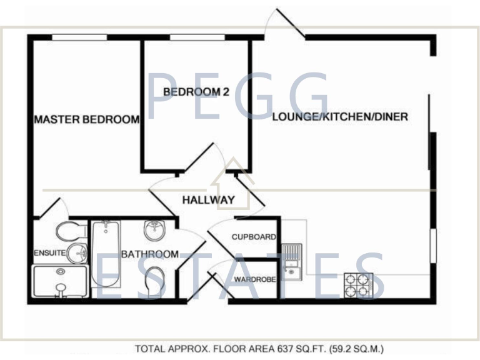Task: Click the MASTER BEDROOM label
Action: point(86,119)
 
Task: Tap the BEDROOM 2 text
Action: point(196,92)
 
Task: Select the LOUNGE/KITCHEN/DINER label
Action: point(340,117)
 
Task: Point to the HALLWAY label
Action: point(208,200)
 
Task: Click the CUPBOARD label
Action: point(254,237)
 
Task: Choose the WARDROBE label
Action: point(254,279)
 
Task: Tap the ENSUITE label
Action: point(49,253)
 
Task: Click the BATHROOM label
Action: point(149,254)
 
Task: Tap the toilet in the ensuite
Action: point(71,232)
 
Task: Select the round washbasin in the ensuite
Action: point(76,253)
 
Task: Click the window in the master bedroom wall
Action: point(79,37)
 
